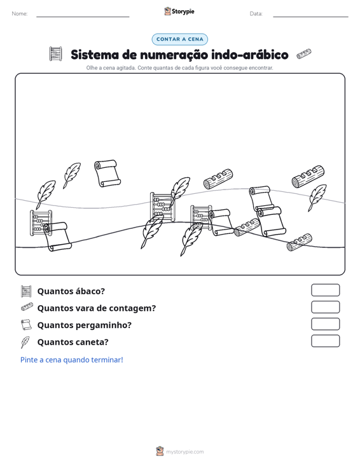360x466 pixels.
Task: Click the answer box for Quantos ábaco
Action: pos(325,290)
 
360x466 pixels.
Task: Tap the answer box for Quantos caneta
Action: pos(325,341)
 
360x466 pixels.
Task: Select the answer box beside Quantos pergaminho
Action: pos(325,324)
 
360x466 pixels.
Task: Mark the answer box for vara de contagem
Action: pos(325,307)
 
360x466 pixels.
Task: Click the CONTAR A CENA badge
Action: pos(179,39)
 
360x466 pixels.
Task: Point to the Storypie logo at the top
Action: pos(179,11)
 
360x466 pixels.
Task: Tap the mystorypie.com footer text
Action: pos(184,452)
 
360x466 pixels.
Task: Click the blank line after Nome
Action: pos(83,17)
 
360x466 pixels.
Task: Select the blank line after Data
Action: pos(310,17)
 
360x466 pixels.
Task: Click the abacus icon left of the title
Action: pos(55,54)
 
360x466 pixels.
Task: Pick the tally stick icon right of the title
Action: pos(304,54)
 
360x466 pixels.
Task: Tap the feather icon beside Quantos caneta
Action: pos(25,342)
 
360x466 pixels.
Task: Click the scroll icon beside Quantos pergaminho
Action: pos(26,325)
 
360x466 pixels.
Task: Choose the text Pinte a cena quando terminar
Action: pos(72,360)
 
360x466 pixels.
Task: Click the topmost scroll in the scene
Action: pos(107,174)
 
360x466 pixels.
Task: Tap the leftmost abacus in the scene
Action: pos(41,223)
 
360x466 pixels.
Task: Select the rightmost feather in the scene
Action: pos(317,196)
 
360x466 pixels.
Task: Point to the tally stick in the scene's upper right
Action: pos(308,177)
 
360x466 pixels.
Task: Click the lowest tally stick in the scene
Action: pos(300,242)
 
